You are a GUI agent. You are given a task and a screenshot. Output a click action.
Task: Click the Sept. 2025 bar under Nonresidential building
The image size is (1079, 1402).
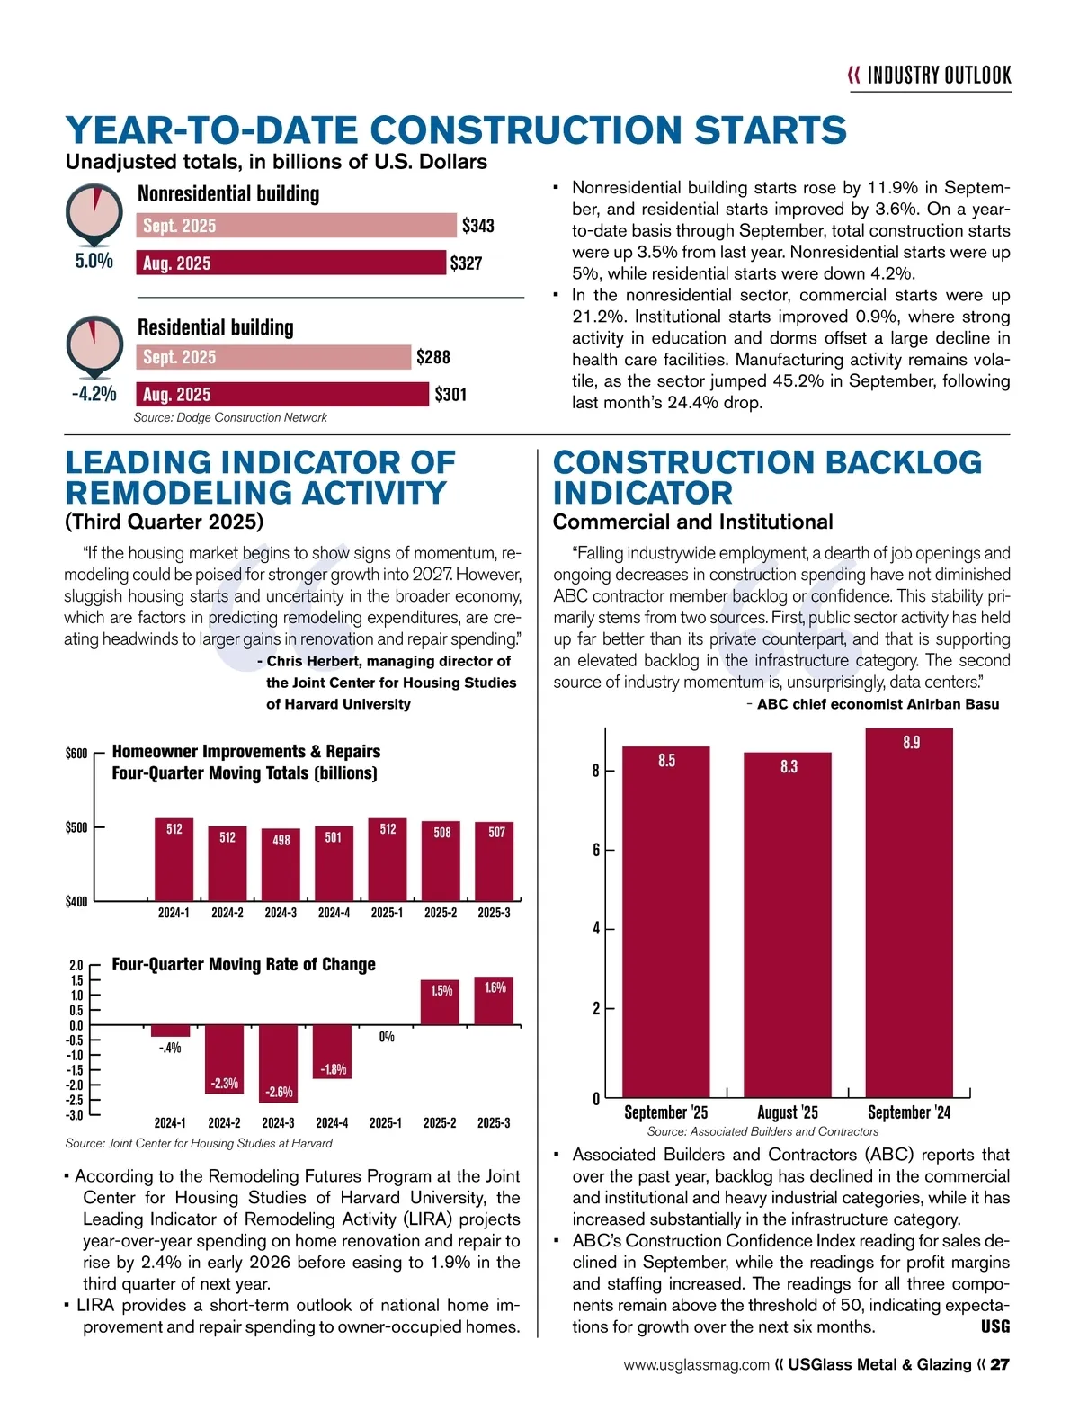click(x=297, y=225)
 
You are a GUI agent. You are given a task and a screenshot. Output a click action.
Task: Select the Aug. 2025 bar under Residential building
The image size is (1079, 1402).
click(x=282, y=394)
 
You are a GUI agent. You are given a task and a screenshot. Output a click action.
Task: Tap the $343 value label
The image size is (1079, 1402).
click(x=477, y=226)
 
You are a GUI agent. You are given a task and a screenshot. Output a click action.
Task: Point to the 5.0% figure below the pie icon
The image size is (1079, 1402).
click(x=94, y=262)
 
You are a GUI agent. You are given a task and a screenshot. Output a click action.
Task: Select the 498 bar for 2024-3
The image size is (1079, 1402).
click(x=281, y=864)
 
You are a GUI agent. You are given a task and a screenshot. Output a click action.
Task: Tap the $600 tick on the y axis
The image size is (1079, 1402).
click(x=76, y=753)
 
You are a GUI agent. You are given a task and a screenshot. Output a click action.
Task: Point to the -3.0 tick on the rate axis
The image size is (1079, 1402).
click(x=76, y=1115)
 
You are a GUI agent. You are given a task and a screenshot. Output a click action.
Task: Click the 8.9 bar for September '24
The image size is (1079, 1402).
click(x=909, y=912)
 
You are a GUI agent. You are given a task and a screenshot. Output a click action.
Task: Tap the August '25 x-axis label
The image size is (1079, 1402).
click(x=788, y=1112)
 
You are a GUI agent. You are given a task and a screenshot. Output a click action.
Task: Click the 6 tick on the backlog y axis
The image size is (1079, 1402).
click(x=595, y=850)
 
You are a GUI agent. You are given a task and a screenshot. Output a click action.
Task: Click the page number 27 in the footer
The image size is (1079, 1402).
click(x=1000, y=1365)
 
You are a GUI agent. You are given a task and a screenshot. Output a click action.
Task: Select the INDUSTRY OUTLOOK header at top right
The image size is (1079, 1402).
click(x=939, y=76)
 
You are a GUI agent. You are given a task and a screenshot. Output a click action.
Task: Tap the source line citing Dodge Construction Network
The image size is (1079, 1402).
click(x=230, y=417)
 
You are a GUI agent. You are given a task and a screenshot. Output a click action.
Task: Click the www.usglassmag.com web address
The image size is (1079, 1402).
click(x=697, y=1365)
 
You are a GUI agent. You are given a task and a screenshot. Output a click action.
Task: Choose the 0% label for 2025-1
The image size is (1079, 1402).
click(x=387, y=1037)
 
